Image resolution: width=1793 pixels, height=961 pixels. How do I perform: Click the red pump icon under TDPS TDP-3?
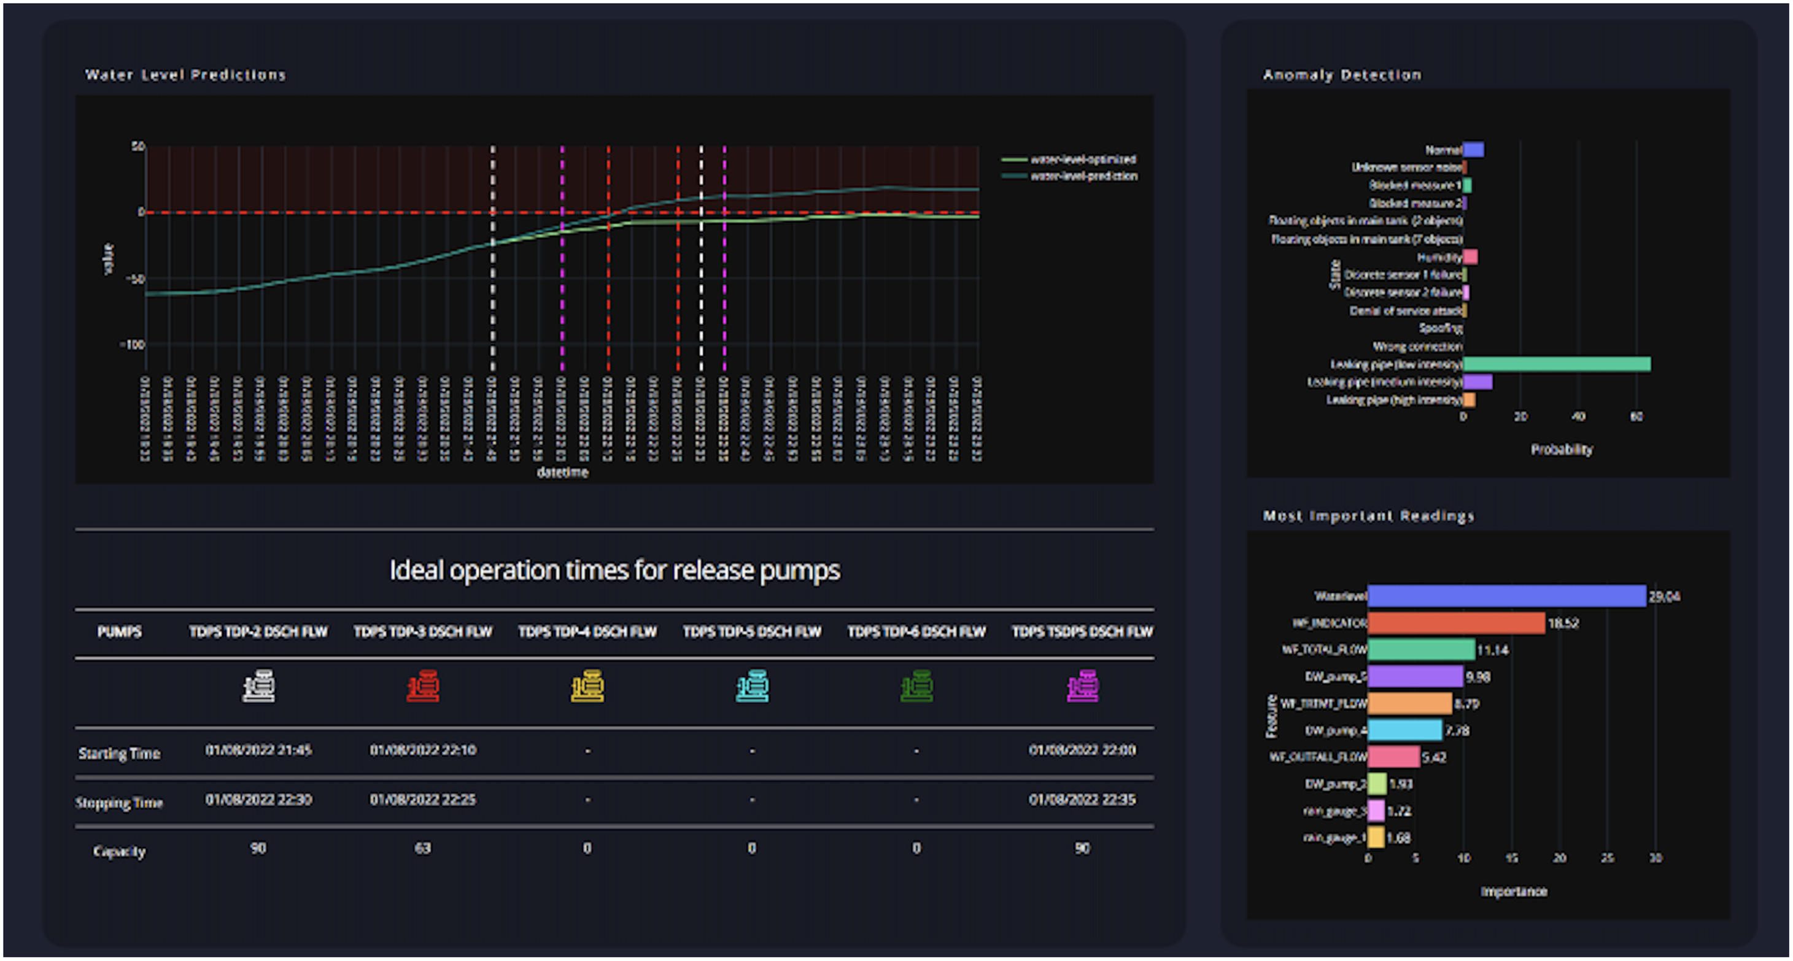pyautogui.click(x=422, y=686)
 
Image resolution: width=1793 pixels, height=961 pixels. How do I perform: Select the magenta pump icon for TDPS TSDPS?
pyautogui.click(x=1082, y=686)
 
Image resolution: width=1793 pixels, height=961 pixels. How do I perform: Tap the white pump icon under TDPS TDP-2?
pyautogui.click(x=258, y=686)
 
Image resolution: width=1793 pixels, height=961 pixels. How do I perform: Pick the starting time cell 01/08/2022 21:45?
pyautogui.click(x=258, y=749)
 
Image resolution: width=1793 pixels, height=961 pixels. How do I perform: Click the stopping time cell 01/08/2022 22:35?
pyautogui.click(x=1082, y=800)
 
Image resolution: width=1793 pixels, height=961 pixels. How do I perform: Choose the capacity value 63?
pyautogui.click(x=422, y=848)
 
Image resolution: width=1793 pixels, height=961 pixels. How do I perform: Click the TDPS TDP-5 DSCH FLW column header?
pyautogui.click(x=752, y=631)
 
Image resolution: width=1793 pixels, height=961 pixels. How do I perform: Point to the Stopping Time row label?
pyautogui.click(x=119, y=802)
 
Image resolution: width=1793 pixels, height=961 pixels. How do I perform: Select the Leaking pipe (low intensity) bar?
pyautogui.click(x=1556, y=364)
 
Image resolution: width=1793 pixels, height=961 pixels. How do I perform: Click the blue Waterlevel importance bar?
pyautogui.click(x=1506, y=596)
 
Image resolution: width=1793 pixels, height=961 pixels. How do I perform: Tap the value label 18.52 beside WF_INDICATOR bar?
pyautogui.click(x=1563, y=623)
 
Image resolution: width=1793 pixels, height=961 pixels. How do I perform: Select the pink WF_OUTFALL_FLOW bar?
pyautogui.click(x=1393, y=757)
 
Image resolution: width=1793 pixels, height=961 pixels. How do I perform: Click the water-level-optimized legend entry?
pyautogui.click(x=1082, y=160)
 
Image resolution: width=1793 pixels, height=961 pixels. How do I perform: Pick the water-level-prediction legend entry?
pyautogui.click(x=1083, y=176)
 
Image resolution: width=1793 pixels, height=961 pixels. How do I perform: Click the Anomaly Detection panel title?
pyautogui.click(x=1341, y=74)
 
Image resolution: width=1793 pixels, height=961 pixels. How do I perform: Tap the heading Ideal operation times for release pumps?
pyautogui.click(x=614, y=570)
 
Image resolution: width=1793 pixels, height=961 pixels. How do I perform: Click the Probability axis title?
pyautogui.click(x=1561, y=450)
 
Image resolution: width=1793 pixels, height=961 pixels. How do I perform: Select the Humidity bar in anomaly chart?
pyautogui.click(x=1470, y=257)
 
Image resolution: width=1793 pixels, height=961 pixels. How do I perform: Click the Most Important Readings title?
pyautogui.click(x=1368, y=515)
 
